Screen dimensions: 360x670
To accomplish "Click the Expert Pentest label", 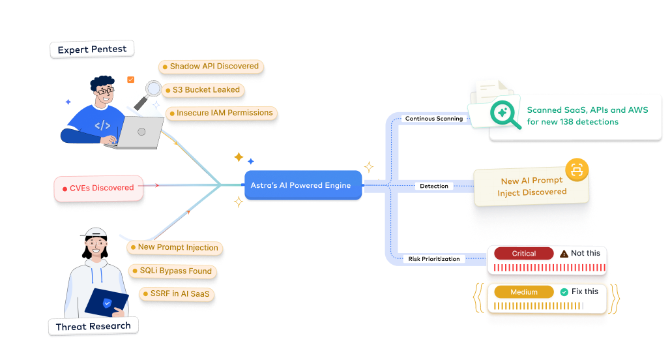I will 92,50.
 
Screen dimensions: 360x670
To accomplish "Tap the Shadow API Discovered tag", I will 211,67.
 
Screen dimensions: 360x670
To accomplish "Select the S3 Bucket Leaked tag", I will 203,90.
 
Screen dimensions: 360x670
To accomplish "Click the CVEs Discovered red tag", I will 98,188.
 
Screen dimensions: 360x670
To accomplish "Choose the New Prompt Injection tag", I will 174,248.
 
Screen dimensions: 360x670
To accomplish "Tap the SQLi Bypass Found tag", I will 171,271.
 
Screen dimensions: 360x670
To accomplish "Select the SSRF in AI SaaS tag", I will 177,294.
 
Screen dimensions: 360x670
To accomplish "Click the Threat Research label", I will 93,326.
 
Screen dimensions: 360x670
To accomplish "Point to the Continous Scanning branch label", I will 434,119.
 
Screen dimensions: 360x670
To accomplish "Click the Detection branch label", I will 434,186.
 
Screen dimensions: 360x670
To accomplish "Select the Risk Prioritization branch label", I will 434,259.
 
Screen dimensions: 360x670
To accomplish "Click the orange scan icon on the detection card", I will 576,170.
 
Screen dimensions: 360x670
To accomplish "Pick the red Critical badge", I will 523,254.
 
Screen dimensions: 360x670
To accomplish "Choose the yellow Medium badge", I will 523,292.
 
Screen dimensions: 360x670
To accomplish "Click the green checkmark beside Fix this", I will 564,292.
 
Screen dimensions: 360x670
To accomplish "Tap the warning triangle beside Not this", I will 564,254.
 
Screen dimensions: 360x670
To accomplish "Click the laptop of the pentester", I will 141,132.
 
